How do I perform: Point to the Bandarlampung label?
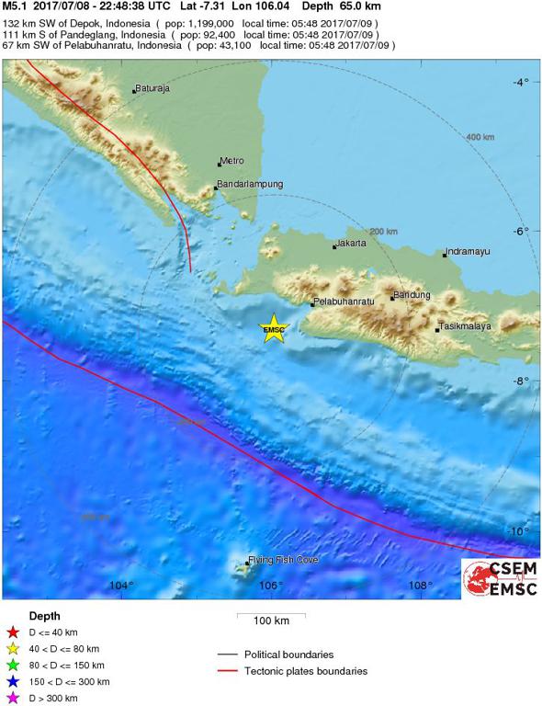click(x=250, y=184)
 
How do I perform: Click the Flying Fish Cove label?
click(x=283, y=560)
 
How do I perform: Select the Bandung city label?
click(x=412, y=295)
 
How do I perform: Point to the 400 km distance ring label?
click(x=480, y=137)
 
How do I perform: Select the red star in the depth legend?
click(x=13, y=633)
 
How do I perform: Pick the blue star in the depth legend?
click(x=13, y=681)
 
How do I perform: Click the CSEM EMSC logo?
click(x=501, y=578)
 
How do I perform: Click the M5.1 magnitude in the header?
click(x=14, y=6)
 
